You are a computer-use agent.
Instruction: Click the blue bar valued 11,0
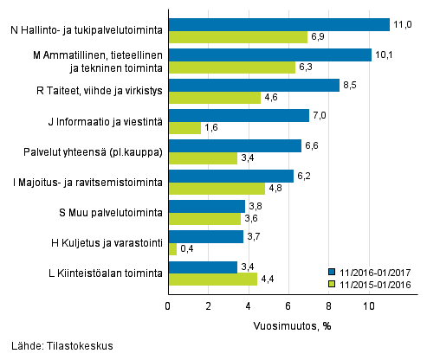click(278, 24)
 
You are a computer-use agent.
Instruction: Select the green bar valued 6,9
click(237, 37)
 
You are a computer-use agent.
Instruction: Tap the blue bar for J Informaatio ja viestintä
click(238, 115)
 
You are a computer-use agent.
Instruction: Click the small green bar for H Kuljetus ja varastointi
click(171, 249)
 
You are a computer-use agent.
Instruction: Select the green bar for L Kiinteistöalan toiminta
click(212, 280)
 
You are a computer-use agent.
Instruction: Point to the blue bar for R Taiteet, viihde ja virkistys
click(253, 85)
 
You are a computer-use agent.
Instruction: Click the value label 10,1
click(385, 55)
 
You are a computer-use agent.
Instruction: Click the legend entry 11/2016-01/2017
click(372, 271)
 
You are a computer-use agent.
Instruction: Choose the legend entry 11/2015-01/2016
click(372, 283)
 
